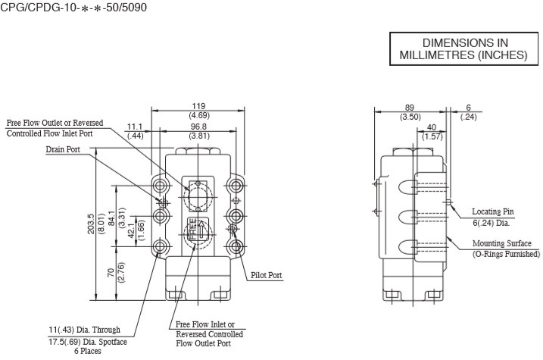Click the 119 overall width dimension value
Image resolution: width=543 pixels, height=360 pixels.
pyautogui.click(x=198, y=106)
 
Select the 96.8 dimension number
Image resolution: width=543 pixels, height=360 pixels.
pyautogui.click(x=198, y=127)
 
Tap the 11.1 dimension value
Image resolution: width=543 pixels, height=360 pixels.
pyautogui.click(x=135, y=127)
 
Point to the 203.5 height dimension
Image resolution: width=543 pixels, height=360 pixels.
pyautogui.click(x=91, y=224)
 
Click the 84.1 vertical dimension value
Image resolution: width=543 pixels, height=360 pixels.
pyautogui.click(x=111, y=218)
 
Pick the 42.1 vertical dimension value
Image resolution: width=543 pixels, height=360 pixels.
pyautogui.click(x=131, y=230)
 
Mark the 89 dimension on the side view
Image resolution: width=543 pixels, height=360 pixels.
pyautogui.click(x=409, y=108)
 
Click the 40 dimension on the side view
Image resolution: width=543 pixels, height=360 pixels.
pyautogui.click(x=432, y=127)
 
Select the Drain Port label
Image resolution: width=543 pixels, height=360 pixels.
pyautogui.click(x=63, y=149)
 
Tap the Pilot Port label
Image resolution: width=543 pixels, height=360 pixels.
pyautogui.click(x=267, y=275)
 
